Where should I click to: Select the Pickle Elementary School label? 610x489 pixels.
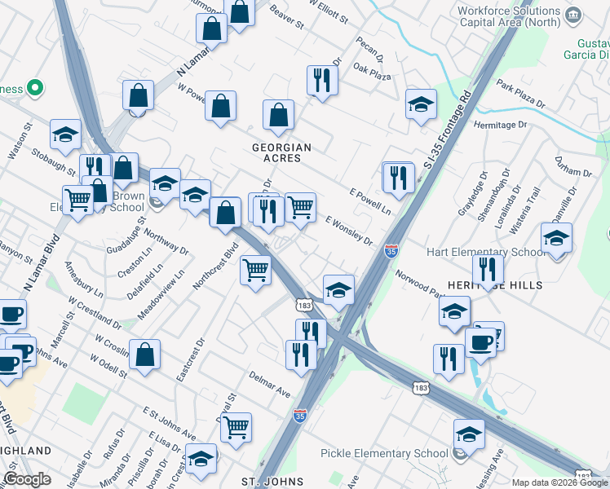384,453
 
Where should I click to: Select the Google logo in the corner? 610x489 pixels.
27,479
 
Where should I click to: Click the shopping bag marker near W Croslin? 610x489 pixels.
144,355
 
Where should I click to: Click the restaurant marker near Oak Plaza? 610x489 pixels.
321,80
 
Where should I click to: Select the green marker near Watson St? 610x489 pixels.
34,87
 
